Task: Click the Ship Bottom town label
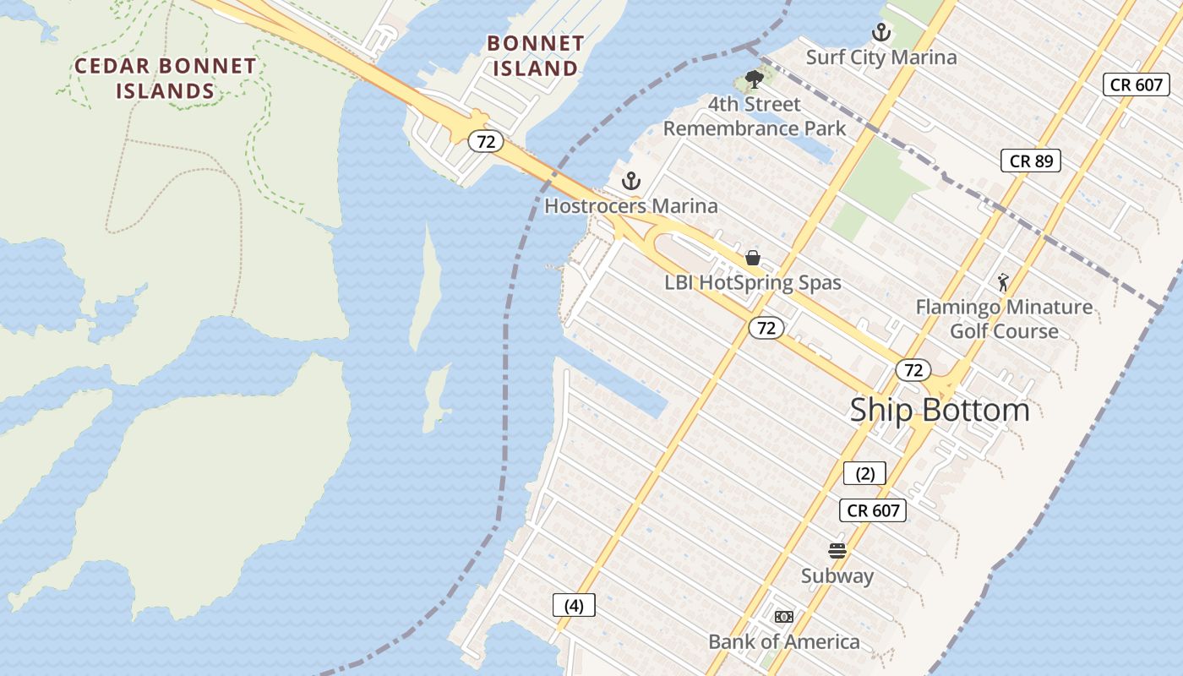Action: [x=940, y=410]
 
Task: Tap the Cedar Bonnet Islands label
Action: [x=166, y=78]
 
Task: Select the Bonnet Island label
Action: [x=536, y=55]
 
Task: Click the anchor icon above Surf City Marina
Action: [x=881, y=33]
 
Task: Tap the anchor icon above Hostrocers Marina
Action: [x=630, y=181]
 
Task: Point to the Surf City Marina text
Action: [x=881, y=57]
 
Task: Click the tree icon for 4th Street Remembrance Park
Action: [x=754, y=80]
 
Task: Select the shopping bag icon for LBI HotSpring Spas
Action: [x=753, y=258]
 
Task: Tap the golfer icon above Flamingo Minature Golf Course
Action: [x=1003, y=282]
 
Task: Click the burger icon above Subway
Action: [x=837, y=552]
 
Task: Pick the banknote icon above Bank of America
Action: [x=784, y=617]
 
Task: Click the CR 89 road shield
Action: [x=1030, y=161]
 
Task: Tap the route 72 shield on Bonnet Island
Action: [x=486, y=141]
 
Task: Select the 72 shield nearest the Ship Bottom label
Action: [x=913, y=370]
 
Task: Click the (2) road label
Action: [x=864, y=473]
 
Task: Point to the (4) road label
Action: [x=574, y=605]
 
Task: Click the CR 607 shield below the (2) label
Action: [x=873, y=510]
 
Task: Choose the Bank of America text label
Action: [x=784, y=642]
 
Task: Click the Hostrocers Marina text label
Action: [x=630, y=206]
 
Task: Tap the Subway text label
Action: [x=837, y=576]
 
